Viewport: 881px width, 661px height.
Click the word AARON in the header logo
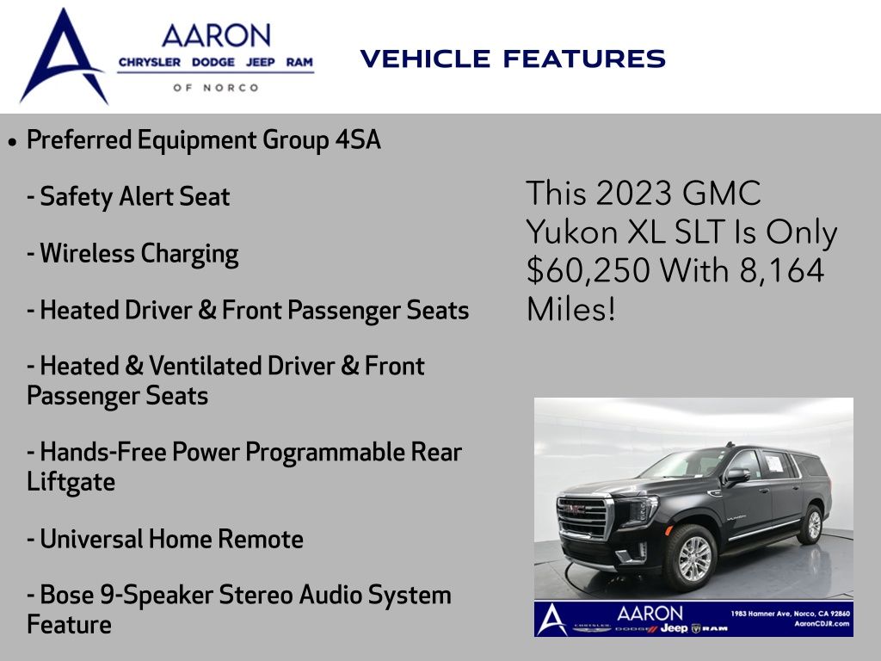pyautogui.click(x=216, y=35)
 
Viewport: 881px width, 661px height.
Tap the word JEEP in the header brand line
pyautogui.click(x=260, y=62)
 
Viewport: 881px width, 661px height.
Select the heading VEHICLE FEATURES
pyautogui.click(x=513, y=59)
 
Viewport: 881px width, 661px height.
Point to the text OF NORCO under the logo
pyautogui.click(x=216, y=88)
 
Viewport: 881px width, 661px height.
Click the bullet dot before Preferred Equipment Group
pyautogui.click(x=13, y=142)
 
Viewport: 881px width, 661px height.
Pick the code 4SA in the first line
pyautogui.click(x=358, y=140)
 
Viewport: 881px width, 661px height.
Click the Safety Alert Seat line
pyautogui.click(x=129, y=197)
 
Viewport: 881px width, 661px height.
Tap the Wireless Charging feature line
pyautogui.click(x=132, y=254)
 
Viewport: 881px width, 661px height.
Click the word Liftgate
pyautogui.click(x=71, y=482)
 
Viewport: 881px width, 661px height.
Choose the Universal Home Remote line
pyautogui.click(x=165, y=539)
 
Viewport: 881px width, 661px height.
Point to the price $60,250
pyautogui.click(x=588, y=270)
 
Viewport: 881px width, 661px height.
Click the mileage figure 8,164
pyautogui.click(x=781, y=270)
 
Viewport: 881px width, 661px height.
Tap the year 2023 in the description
pyautogui.click(x=633, y=194)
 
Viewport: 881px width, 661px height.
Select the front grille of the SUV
pyautogui.click(x=582, y=517)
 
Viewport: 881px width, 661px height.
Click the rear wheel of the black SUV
pyautogui.click(x=811, y=524)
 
